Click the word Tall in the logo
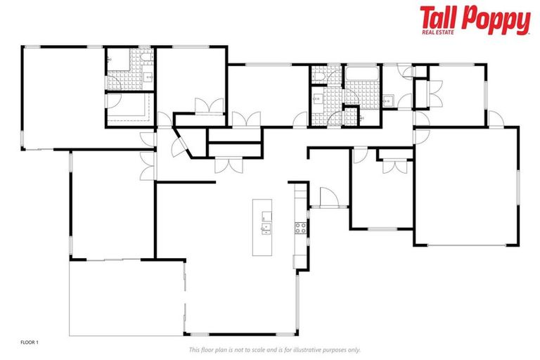(x=439, y=18)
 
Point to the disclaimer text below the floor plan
(x=274, y=349)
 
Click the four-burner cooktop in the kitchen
(x=300, y=227)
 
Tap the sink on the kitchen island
(x=266, y=227)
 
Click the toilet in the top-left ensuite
(x=111, y=61)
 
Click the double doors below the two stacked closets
(x=229, y=165)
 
